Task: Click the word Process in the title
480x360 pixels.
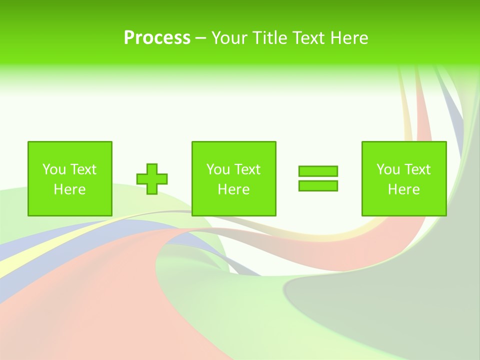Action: point(157,38)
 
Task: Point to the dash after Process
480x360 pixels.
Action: point(200,38)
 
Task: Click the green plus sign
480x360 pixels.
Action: point(152,178)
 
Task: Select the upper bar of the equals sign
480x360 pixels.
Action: point(318,171)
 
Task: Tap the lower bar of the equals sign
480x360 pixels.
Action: point(318,185)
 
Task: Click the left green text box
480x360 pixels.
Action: point(70,178)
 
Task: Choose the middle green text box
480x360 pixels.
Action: point(233,178)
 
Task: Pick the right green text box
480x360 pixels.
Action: point(404,178)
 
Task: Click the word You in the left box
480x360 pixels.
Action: point(54,169)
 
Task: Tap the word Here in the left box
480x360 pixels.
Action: point(70,189)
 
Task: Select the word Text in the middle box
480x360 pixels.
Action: point(247,169)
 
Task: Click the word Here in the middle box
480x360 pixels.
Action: point(233,189)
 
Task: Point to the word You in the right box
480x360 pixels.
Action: point(388,169)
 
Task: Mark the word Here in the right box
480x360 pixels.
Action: point(404,189)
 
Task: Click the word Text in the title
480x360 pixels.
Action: point(308,38)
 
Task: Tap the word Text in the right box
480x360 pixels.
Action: point(417,169)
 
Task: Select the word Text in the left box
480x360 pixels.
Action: point(83,169)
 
